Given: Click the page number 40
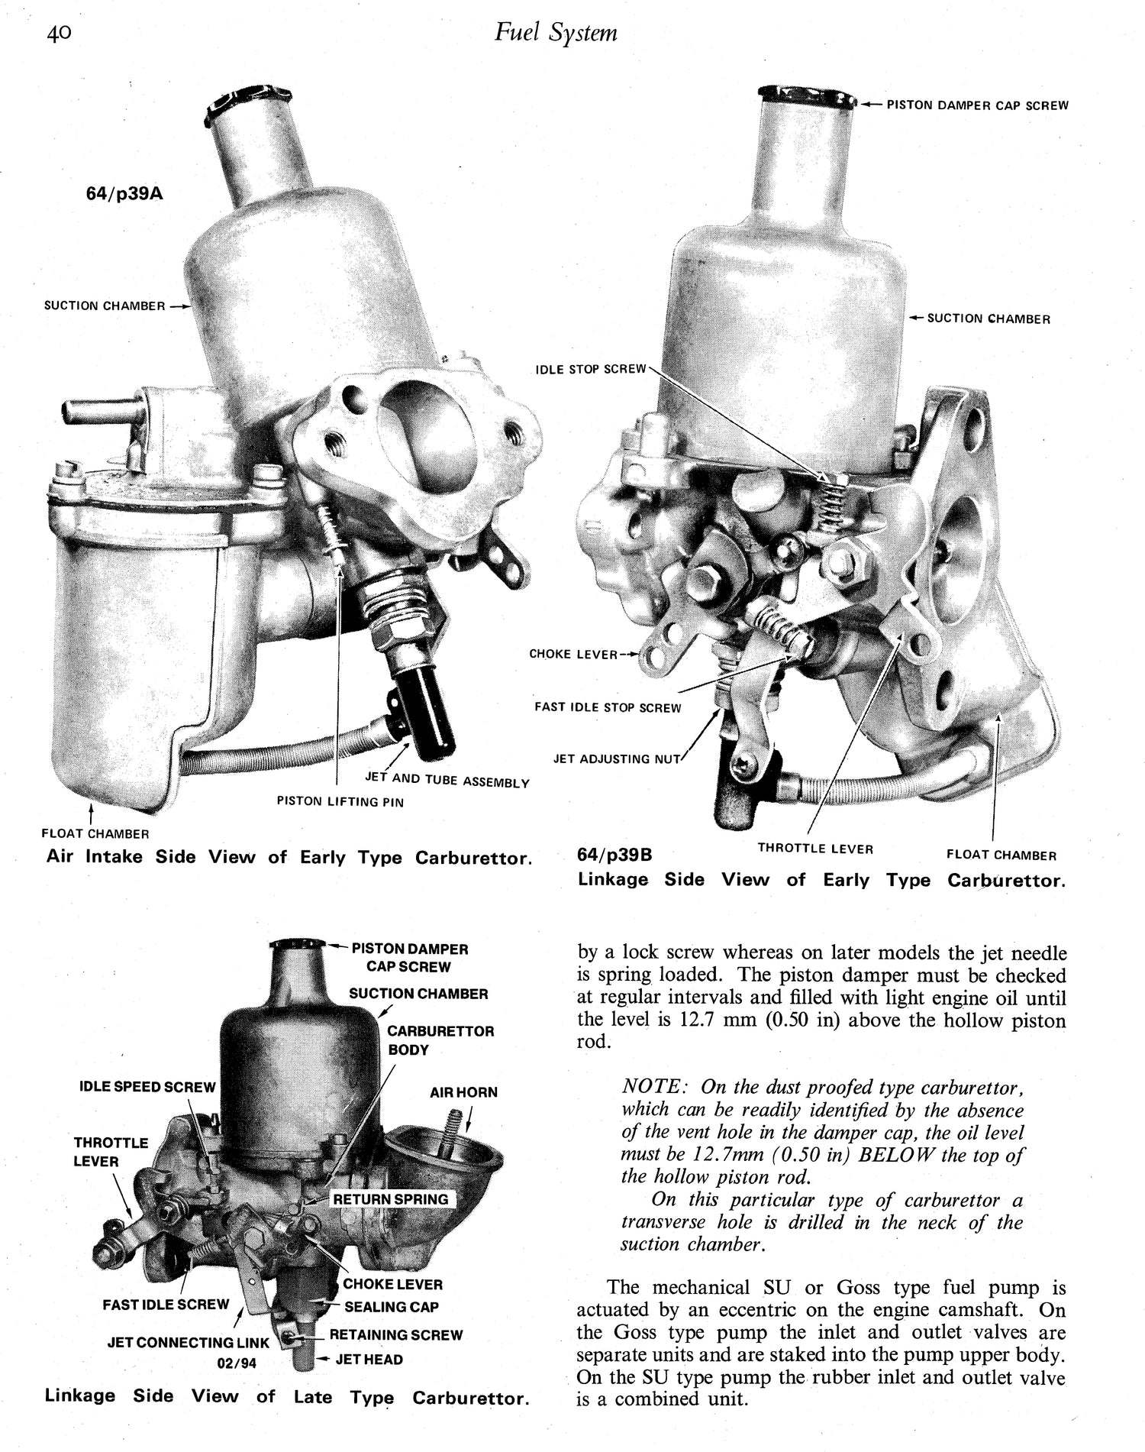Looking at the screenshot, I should coord(58,34).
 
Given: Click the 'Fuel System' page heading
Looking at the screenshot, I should coord(556,33).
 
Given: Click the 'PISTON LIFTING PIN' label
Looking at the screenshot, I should coord(340,801).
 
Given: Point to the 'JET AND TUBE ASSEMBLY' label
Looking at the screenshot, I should coord(447,781).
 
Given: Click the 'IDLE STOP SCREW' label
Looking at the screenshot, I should coord(590,370).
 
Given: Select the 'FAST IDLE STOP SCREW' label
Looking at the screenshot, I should coord(607,708).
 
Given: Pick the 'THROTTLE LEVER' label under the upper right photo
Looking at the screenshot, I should coord(814,848).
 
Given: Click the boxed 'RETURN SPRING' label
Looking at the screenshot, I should coord(391,1199).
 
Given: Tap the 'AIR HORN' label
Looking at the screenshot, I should coord(463,1092).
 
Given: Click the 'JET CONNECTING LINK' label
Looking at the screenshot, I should coord(188,1342).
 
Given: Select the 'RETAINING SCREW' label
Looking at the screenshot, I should coord(395,1335).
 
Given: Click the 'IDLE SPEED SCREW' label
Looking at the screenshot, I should coord(147,1087).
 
